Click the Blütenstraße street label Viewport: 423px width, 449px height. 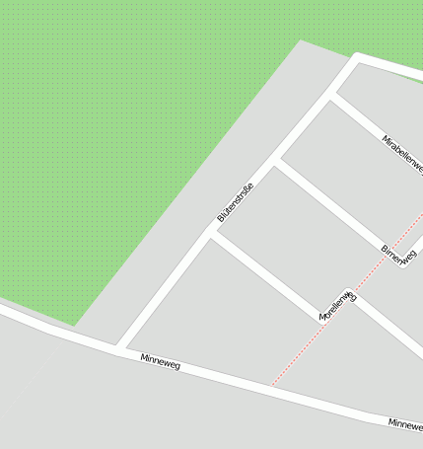pos(236,202)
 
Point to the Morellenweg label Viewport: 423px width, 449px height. pos(337,305)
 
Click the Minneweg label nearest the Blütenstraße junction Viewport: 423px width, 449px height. pos(160,361)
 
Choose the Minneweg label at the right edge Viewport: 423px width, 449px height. pos(405,423)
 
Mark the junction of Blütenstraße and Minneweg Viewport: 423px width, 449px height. pos(119,347)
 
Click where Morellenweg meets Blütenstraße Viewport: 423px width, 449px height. pos(211,235)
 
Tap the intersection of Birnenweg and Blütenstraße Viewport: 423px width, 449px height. pos(275,162)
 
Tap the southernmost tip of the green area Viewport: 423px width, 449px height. pos(73,324)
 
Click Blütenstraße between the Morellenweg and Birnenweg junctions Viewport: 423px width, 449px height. pos(244,198)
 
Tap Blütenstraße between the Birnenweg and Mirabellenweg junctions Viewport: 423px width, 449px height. pos(304,129)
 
